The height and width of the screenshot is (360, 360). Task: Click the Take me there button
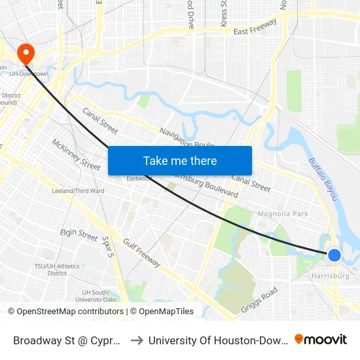pyautogui.click(x=180, y=161)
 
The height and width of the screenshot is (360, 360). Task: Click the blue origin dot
pyautogui.click(x=334, y=255)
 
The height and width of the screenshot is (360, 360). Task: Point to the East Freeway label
pyautogui.click(x=255, y=27)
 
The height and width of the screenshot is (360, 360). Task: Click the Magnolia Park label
pyautogui.click(x=283, y=213)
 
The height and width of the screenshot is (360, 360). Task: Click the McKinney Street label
pyautogui.click(x=76, y=154)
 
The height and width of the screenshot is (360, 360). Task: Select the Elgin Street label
pyautogui.click(x=79, y=233)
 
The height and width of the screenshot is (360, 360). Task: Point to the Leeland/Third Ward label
pyautogui.click(x=78, y=191)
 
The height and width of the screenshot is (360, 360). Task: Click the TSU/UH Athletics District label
pyautogui.click(x=57, y=270)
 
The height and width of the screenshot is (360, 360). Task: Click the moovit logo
pyautogui.click(x=321, y=339)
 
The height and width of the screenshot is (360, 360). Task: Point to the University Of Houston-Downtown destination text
pyautogui.click(x=218, y=340)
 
